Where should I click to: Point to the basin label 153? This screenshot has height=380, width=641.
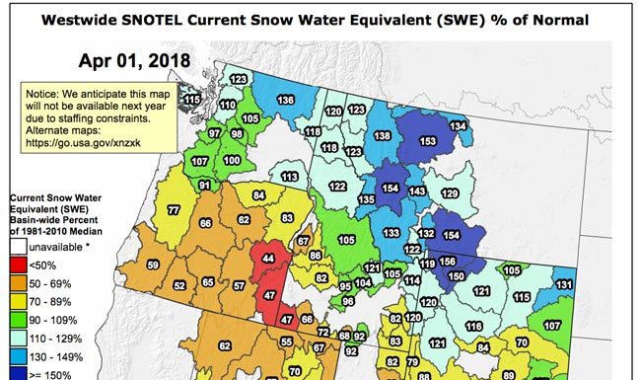[x=428, y=141]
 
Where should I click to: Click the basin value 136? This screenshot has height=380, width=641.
[x=286, y=100]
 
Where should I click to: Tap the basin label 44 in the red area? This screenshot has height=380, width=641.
[x=268, y=258]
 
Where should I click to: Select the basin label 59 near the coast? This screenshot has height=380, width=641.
[x=153, y=265]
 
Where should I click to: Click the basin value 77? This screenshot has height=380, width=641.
[x=173, y=210]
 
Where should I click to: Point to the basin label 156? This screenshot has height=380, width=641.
[x=447, y=262]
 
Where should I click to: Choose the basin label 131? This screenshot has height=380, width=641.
[x=563, y=284]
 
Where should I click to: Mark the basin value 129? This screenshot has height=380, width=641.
[x=450, y=193]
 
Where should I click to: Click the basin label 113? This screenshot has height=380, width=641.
[x=289, y=176]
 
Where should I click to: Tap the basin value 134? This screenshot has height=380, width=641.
[x=458, y=126]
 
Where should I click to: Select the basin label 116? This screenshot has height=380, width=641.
[x=473, y=326]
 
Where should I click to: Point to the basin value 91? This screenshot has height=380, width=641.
[x=205, y=185]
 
